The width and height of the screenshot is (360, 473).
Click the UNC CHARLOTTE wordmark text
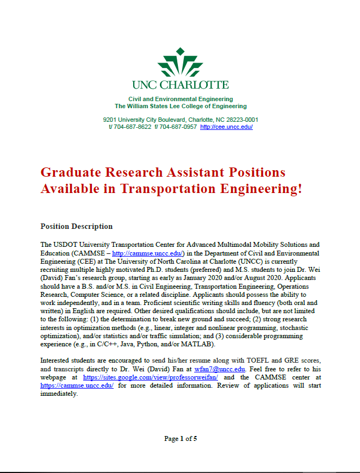[x=180, y=85]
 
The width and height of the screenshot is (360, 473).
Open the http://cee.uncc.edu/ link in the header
[x=226, y=127]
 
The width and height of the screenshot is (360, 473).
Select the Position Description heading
[x=77, y=226]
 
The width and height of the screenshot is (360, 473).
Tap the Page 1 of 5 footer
[x=180, y=439]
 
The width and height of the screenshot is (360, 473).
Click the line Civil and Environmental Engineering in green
[x=180, y=99]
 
